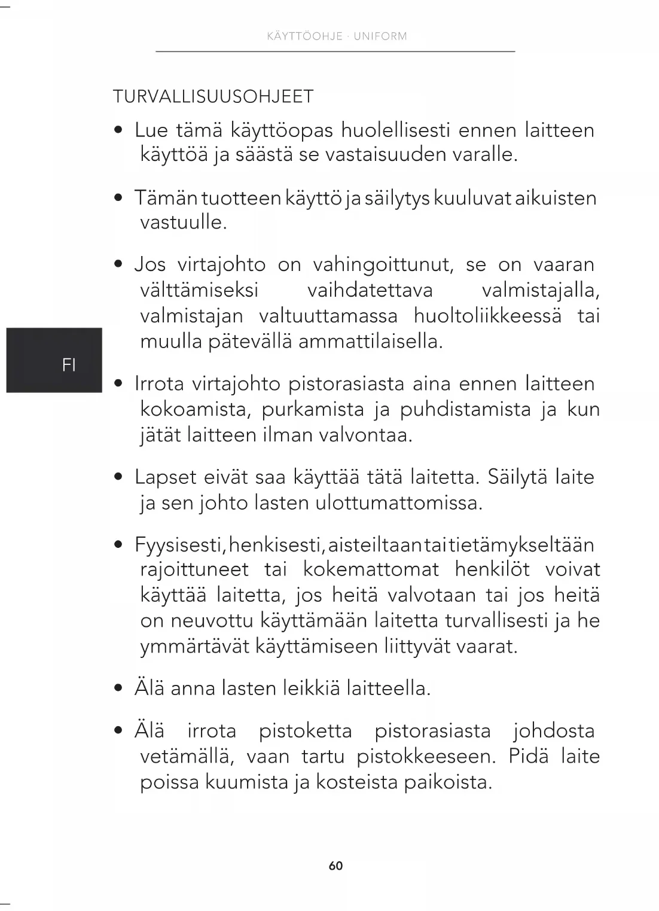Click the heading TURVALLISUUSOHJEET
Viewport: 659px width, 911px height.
coord(213,97)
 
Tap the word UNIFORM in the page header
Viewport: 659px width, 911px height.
coord(380,36)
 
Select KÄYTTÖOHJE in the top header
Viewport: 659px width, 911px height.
coord(304,36)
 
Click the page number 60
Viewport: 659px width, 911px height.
coord(335,866)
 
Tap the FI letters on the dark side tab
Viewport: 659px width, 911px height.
coord(69,365)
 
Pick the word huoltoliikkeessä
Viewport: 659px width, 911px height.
coord(487,316)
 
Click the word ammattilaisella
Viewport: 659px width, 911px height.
coord(370,342)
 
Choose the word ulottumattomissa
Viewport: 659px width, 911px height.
coord(398,502)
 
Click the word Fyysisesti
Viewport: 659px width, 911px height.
coord(179,545)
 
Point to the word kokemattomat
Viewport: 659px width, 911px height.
coord(371,569)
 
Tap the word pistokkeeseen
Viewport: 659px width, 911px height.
coord(426,757)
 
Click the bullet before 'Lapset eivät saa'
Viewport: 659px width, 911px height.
coord(119,477)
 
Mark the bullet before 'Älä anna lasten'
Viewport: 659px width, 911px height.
coord(119,688)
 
